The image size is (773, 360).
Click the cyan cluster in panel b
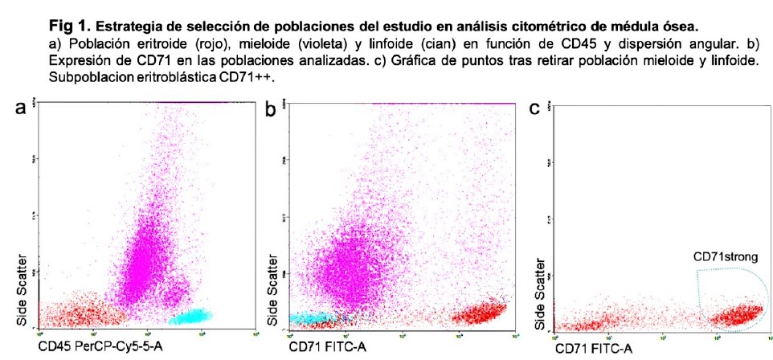coord(309,319)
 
